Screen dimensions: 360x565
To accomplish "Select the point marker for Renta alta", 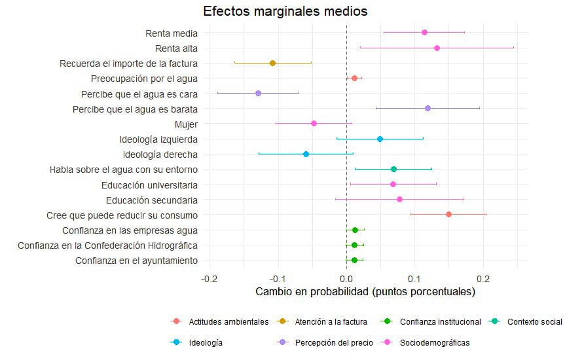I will pos(437,48).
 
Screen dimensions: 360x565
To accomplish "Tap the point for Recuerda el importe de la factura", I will pos(272,63).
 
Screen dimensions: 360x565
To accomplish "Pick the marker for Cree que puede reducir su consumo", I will pos(448,214).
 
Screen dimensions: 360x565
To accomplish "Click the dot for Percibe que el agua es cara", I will pos(258,94).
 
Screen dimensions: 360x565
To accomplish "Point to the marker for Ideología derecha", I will pos(306,154).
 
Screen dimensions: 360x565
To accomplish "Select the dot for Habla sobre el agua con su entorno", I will pos(393,169).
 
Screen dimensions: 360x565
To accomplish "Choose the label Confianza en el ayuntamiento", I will pos(136,261).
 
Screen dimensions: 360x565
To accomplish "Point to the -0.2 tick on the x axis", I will pos(209,278).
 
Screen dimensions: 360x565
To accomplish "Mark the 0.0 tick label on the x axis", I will pos(346,278).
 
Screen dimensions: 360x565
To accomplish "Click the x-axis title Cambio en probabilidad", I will pos(365,292).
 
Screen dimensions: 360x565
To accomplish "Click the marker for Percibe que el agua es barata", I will pos(428,108).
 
